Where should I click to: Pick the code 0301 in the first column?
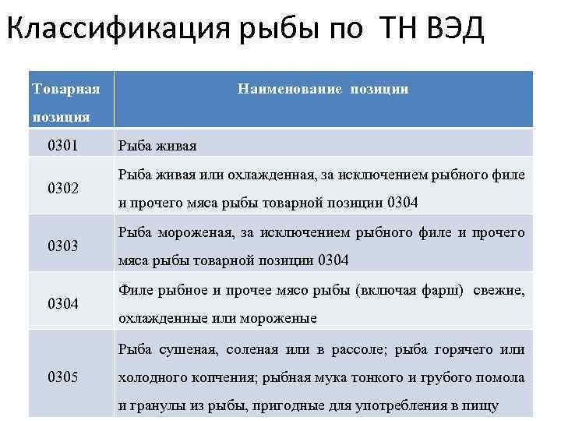[x=63, y=145]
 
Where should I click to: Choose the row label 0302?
[x=63, y=189]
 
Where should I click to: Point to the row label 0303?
[x=63, y=246]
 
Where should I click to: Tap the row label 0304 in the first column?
[x=63, y=303]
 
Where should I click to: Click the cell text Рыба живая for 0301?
[x=157, y=146]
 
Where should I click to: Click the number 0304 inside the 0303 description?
[x=333, y=260]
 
